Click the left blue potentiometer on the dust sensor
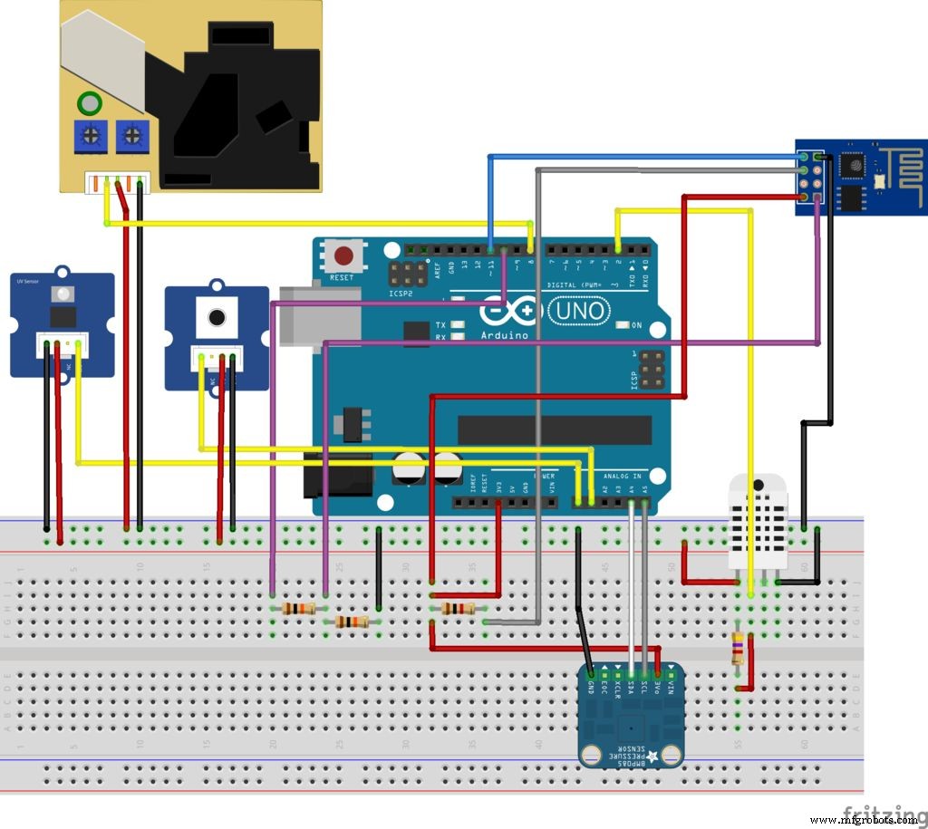[x=90, y=136]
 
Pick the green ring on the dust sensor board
[x=90, y=102]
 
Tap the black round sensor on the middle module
[x=217, y=317]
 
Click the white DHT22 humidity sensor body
[x=759, y=521]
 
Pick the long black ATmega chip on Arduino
[x=554, y=430]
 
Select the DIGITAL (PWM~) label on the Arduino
[x=581, y=285]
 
